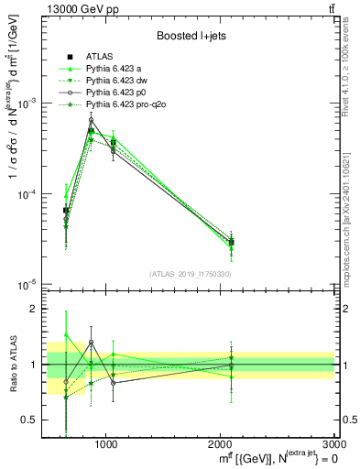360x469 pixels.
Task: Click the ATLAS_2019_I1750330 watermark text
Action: (189, 274)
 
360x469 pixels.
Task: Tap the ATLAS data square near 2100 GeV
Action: (232, 242)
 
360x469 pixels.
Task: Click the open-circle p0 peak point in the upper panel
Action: (91, 120)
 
